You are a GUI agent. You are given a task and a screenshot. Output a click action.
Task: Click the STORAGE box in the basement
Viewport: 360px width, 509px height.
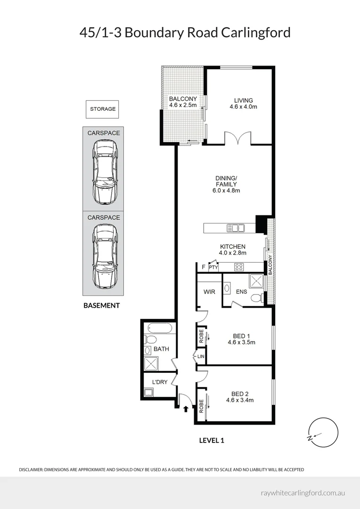[x=102, y=109]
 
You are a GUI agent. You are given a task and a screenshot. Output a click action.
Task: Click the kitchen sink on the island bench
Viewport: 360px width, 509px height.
[x=236, y=228]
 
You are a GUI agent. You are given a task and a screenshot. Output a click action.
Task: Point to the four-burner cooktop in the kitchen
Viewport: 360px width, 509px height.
[x=239, y=267]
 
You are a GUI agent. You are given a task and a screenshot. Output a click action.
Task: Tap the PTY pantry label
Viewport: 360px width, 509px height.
[x=213, y=268]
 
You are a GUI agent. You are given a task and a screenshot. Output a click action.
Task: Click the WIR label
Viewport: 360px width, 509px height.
[x=209, y=292]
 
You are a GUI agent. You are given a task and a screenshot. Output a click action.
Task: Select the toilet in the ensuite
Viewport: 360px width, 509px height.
[x=258, y=297]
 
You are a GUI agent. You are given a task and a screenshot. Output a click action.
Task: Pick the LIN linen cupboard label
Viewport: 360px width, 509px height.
[x=201, y=356]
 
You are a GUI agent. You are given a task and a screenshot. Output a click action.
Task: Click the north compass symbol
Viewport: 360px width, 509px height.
[x=323, y=433]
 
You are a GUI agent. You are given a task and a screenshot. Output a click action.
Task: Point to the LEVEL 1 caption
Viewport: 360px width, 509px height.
[x=212, y=441]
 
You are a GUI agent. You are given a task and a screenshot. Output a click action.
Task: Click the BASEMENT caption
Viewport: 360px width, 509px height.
[x=102, y=305]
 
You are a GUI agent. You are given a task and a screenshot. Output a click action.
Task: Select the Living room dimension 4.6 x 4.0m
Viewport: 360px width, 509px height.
[x=244, y=107]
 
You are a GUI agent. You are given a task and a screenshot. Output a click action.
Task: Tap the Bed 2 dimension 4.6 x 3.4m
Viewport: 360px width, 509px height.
[x=240, y=400]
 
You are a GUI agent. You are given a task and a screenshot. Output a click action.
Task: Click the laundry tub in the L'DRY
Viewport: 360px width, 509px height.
[x=149, y=392]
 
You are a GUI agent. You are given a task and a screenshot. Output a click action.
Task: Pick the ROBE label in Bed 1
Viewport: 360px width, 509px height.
[x=201, y=337]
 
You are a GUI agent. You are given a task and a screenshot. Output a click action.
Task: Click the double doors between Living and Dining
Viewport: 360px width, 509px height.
[x=238, y=137]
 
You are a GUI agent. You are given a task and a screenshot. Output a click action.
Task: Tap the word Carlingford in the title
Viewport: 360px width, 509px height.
[x=256, y=33]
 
